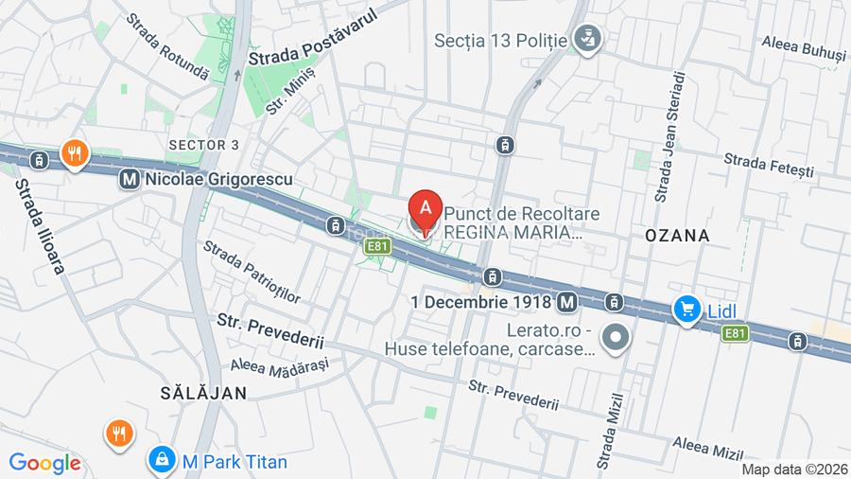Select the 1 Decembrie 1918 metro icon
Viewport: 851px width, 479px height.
(x=566, y=302)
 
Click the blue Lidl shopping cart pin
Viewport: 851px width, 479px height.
(x=687, y=310)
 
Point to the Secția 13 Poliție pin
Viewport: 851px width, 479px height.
(x=588, y=40)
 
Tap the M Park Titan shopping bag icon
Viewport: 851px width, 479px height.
(x=163, y=460)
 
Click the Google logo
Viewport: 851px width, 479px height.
(x=44, y=463)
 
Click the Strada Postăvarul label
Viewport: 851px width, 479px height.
(x=312, y=38)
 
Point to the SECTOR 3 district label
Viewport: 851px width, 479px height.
(x=203, y=144)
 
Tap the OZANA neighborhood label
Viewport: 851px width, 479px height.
(x=677, y=235)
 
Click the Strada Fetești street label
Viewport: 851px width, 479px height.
(x=769, y=166)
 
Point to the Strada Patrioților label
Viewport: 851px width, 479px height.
(x=252, y=273)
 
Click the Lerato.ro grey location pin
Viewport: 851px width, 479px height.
(x=617, y=336)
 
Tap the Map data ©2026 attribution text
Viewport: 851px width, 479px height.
(x=794, y=470)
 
